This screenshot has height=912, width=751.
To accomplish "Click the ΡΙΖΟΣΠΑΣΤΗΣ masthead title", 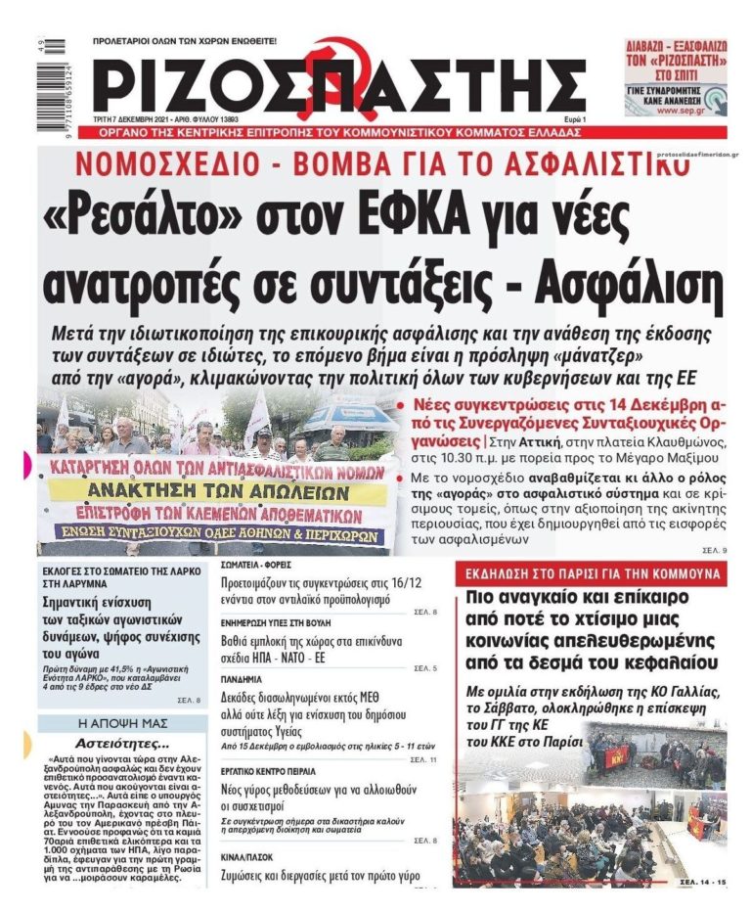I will point(341,81).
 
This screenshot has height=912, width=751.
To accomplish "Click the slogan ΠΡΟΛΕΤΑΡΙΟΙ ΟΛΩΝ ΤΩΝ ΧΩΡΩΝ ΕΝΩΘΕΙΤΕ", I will point(185,41).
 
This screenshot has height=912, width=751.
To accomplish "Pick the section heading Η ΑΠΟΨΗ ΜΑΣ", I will point(117,724).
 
